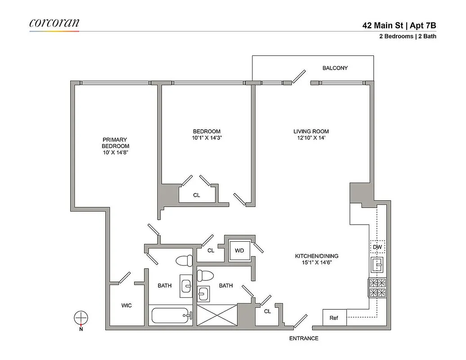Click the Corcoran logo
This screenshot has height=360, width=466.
pos(54,23)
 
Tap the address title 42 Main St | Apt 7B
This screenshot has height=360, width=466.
pos(399,26)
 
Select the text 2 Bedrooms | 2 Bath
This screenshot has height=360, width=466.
pos(407,37)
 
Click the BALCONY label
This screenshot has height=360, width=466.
pos(335,68)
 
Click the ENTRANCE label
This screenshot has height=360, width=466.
pos(304,338)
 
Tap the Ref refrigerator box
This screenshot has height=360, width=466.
pos(334,318)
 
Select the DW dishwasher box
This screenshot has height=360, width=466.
pos(377,247)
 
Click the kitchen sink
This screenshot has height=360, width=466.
pos(377,265)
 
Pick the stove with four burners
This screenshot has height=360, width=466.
pos(377,288)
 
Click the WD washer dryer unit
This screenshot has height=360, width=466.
pos(239,251)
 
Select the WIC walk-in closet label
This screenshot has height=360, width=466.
pos(126,306)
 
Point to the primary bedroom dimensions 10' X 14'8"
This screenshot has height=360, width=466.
pos(115,153)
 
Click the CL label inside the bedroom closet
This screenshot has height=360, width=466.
pos(197,195)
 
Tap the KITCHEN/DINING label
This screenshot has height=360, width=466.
pos(317,256)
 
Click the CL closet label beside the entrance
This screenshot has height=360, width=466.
pos(267,311)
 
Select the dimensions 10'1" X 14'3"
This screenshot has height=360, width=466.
pos(206,138)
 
